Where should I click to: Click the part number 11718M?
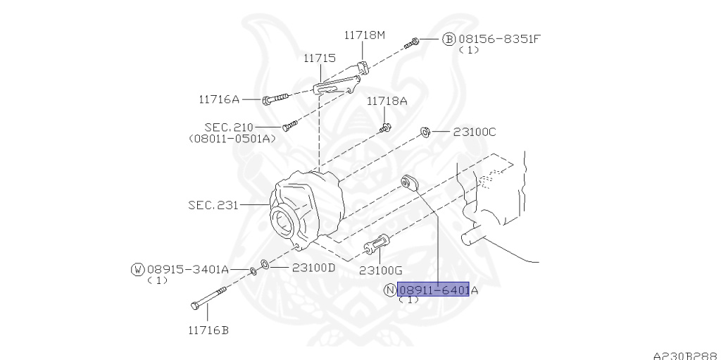coord(365,35)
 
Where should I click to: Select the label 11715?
coord(319,58)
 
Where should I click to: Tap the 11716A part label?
coord(219,99)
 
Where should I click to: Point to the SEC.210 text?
coord(229,127)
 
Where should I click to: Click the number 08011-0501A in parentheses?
coord(232,139)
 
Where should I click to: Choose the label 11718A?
coord(387,101)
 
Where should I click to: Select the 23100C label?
coord(475,132)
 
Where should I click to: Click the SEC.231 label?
coord(213,205)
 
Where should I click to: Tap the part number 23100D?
coord(313,268)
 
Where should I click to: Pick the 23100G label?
coord(381,271)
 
